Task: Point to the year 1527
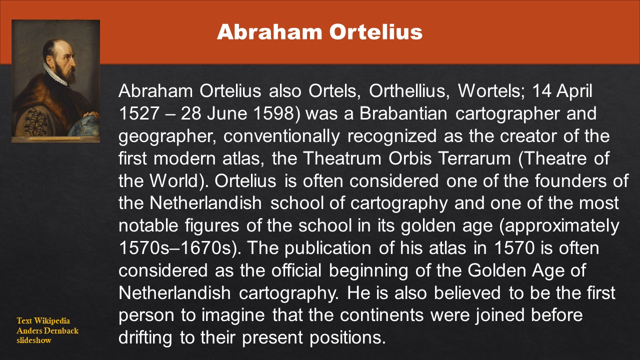pyautogui.click(x=138, y=113)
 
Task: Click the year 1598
pyautogui.click(x=273, y=113)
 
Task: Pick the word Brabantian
pyautogui.click(x=403, y=113)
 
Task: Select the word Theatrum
pyautogui.click(x=342, y=158)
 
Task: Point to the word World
pyautogui.click(x=173, y=180)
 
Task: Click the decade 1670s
pyautogui.click(x=205, y=247)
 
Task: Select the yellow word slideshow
pyautogui.click(x=33, y=340)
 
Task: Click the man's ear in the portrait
pyautogui.click(x=48, y=59)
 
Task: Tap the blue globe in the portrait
pyautogui.click(x=85, y=126)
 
